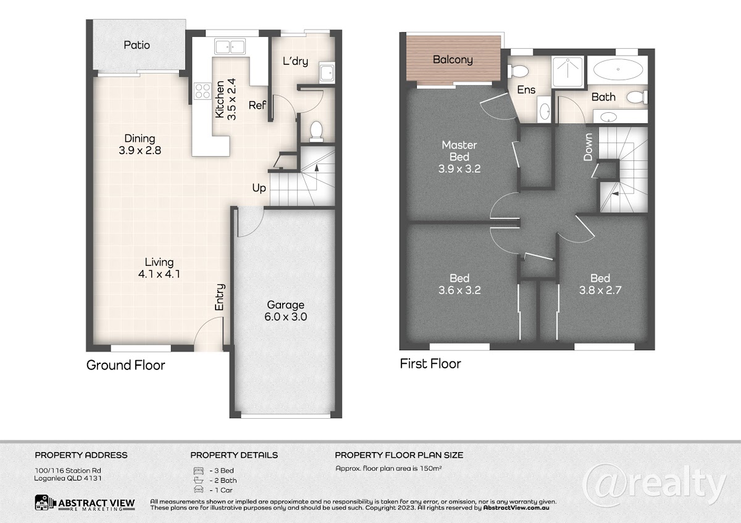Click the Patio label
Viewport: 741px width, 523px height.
(136, 45)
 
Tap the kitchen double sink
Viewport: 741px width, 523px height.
(230, 46)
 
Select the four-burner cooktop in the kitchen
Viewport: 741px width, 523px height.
(203, 91)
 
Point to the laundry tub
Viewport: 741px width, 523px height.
(327, 72)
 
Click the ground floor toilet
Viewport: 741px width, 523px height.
(316, 131)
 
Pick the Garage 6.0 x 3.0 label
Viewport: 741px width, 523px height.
(286, 311)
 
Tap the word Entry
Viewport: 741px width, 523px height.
(220, 297)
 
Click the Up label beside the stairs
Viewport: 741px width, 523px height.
(259, 188)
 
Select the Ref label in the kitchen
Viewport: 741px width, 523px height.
(257, 105)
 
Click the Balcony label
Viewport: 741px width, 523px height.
(453, 60)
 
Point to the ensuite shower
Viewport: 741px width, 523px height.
(567, 72)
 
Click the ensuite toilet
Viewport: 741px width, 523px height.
(517, 71)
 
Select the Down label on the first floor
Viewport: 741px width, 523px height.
(588, 147)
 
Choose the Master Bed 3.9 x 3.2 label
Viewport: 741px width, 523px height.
(459, 157)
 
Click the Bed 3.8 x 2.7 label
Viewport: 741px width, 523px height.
(600, 284)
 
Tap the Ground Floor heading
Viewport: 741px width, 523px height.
(126, 365)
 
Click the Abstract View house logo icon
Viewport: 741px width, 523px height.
(43, 503)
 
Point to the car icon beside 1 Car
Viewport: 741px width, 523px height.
(198, 490)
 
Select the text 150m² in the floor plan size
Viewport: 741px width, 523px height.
(430, 468)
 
